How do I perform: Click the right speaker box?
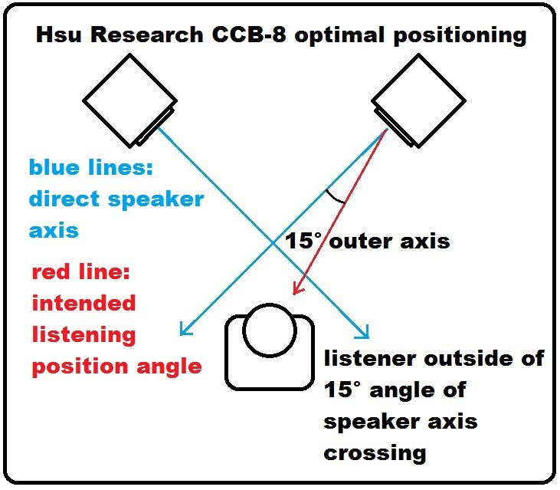click(x=417, y=100)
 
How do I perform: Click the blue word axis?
click(x=54, y=230)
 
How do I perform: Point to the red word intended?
click(x=84, y=303)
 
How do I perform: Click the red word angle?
click(x=164, y=367)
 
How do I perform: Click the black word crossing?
click(x=375, y=452)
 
